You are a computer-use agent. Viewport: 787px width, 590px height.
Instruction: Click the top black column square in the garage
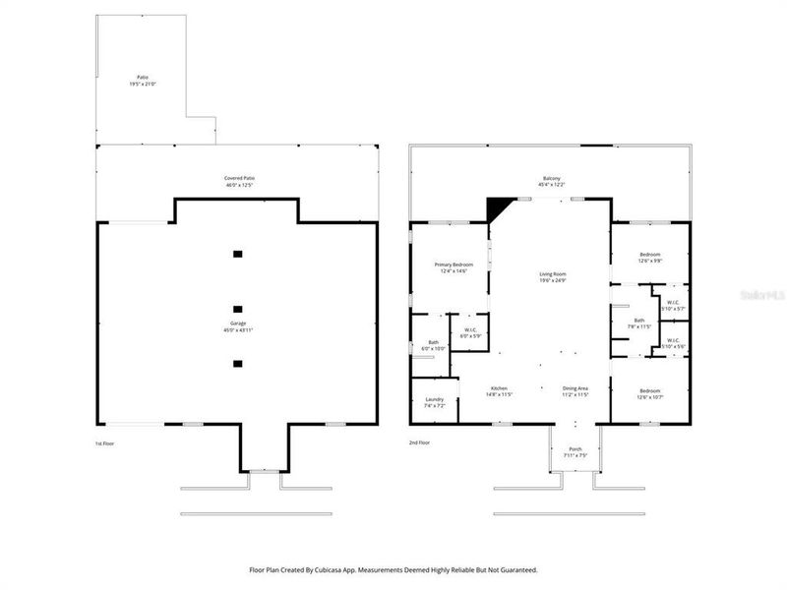(237, 254)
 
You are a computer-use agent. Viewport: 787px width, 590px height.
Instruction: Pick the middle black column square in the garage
(237, 308)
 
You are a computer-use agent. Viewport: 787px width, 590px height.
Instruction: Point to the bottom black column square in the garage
(237, 363)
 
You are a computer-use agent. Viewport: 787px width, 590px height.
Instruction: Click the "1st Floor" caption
(105, 443)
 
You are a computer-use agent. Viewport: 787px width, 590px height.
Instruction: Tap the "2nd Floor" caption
(420, 443)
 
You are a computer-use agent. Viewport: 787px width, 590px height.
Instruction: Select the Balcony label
(551, 181)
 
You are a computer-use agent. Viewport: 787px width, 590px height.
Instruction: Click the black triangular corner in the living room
(501, 207)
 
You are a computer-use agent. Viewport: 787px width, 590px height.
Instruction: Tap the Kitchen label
(500, 390)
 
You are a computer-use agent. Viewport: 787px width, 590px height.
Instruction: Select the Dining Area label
(575, 390)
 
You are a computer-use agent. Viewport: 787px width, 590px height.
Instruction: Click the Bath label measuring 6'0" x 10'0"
(434, 345)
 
